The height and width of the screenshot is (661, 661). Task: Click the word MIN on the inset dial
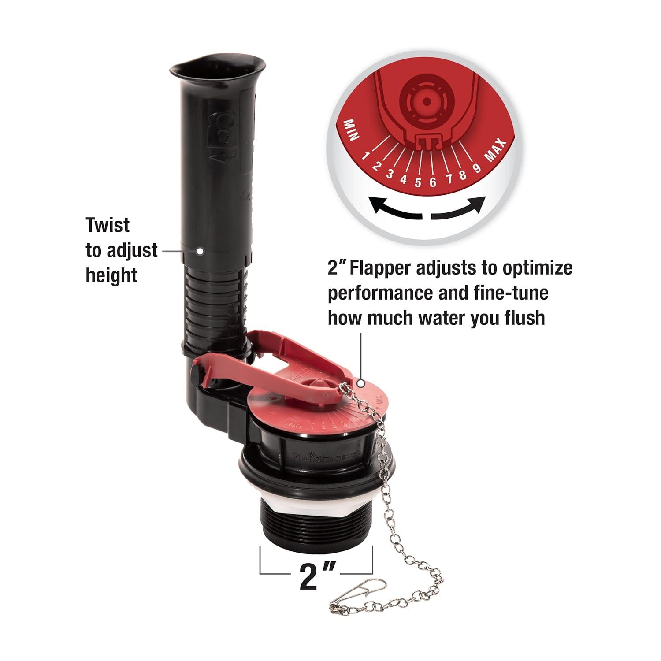(353, 130)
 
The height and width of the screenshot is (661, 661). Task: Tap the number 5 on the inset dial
(418, 182)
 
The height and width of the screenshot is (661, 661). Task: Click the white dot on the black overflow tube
(199, 251)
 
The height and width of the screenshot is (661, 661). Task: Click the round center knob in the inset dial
(426, 101)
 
